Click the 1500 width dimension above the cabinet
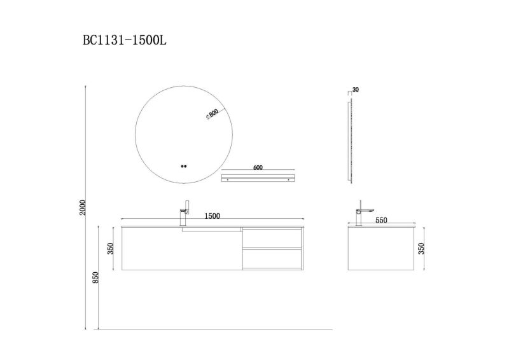(212, 216)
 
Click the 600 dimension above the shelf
(258, 168)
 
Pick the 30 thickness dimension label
(355, 90)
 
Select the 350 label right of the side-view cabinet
(420, 247)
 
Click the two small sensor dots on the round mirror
(184, 167)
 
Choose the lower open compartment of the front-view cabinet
(272, 259)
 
